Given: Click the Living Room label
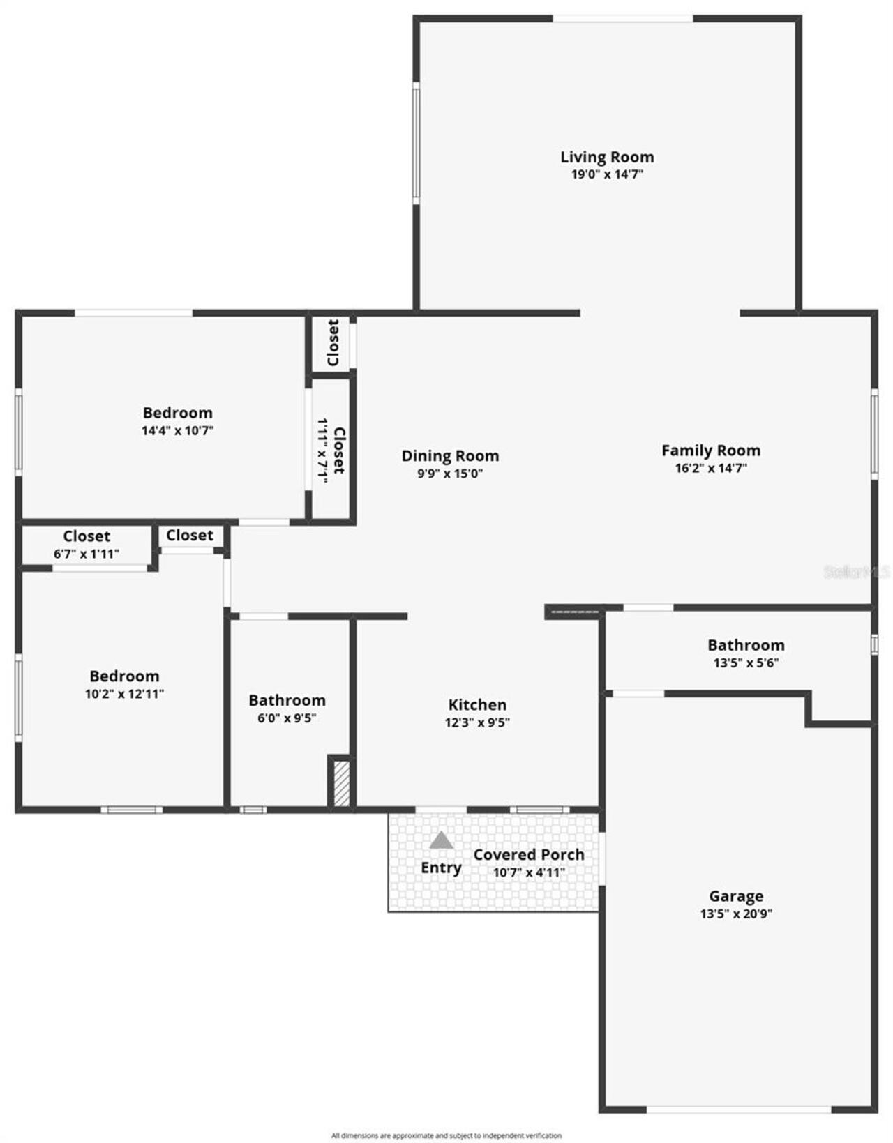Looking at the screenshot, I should coord(607,157).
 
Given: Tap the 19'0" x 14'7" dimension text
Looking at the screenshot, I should coord(607,174).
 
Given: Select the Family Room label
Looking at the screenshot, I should coord(711,451).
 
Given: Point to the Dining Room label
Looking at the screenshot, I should coord(450,456).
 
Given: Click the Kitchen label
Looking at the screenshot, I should coord(477,704).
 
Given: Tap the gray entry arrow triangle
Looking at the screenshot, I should coord(441,840).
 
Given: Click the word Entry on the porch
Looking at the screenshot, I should coord(441,868).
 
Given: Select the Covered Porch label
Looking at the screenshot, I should coord(529,854).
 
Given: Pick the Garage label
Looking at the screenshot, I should coord(736,896).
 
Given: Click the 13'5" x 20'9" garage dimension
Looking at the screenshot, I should coord(736,914).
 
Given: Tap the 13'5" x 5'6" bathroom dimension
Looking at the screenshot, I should coord(746,663).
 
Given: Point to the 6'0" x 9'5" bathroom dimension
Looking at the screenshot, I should coord(287,718).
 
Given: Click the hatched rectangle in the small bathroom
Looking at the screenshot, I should coord(341,784).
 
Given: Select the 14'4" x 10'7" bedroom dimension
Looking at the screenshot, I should coord(177,430).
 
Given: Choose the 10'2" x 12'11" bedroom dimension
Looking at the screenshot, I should coord(124,694).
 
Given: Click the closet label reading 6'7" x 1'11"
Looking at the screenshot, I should coord(87,554).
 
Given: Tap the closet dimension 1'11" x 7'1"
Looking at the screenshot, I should coord(322,450).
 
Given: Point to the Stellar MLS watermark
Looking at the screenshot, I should coord(857,572).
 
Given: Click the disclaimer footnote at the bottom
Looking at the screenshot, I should coord(446,1135).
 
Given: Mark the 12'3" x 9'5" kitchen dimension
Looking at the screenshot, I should coord(477,722).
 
